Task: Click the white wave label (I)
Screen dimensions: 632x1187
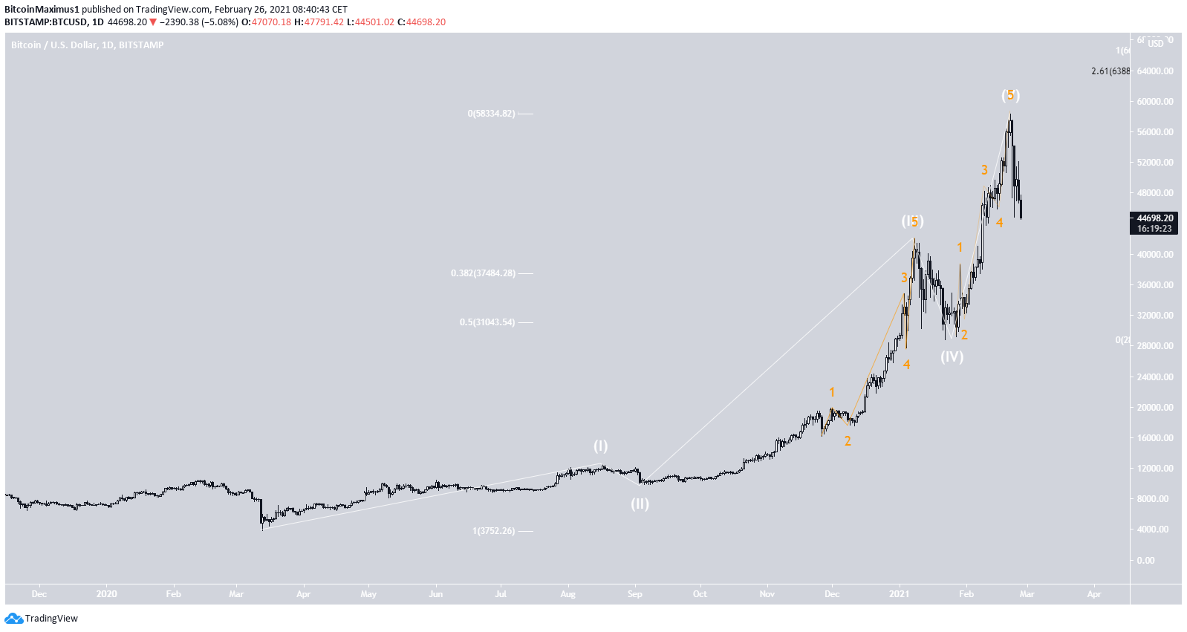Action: pos(600,446)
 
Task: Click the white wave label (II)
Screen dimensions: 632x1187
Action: pos(640,504)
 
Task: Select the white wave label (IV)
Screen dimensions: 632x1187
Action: pos(952,356)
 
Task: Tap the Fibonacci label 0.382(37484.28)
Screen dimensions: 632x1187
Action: pos(483,273)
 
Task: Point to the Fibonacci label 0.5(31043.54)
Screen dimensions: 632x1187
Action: pos(487,322)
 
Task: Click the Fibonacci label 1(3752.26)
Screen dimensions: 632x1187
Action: pos(493,531)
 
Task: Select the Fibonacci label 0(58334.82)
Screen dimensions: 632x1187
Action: pos(491,114)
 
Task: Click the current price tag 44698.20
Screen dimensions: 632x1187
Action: pos(1154,218)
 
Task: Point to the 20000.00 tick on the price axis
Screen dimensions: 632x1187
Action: pos(1155,407)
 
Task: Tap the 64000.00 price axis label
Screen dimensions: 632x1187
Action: pos(1155,71)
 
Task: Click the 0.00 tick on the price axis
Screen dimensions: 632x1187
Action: pos(1145,560)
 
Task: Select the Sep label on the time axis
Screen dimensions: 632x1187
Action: pos(634,594)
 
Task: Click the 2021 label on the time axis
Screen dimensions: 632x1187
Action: pos(900,594)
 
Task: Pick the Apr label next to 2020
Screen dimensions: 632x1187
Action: pos(303,594)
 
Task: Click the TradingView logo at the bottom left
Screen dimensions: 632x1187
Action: pos(42,619)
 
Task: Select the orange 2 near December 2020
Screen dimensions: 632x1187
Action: pos(848,441)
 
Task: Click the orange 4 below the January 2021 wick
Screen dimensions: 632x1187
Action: pos(907,365)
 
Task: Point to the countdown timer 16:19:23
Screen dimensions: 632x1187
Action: pos(1154,229)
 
